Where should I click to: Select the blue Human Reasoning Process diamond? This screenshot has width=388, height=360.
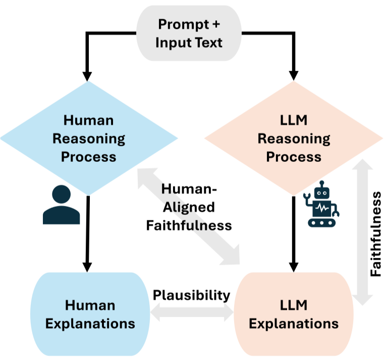pos(89,138)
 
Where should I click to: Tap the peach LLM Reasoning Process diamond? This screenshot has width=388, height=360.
pos(294,138)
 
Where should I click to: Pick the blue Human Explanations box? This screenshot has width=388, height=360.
pos(90,314)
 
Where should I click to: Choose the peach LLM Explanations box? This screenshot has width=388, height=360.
pos(294,314)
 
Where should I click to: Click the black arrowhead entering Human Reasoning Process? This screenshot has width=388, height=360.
pos(88,76)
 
